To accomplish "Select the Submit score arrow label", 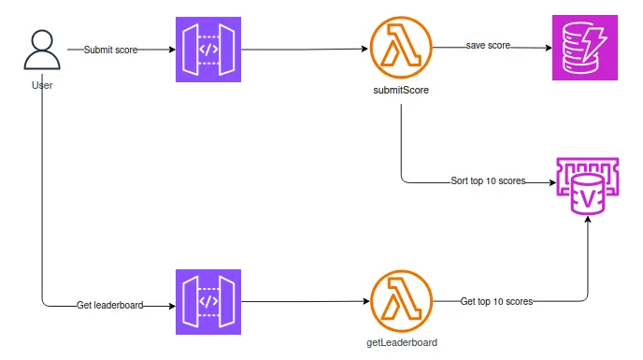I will [110, 50].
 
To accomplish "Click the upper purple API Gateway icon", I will [208, 50].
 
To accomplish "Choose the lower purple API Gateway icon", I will [208, 302].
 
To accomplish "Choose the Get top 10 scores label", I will [496, 301].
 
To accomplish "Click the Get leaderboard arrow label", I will [109, 305].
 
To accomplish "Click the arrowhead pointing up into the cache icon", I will [588, 222].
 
